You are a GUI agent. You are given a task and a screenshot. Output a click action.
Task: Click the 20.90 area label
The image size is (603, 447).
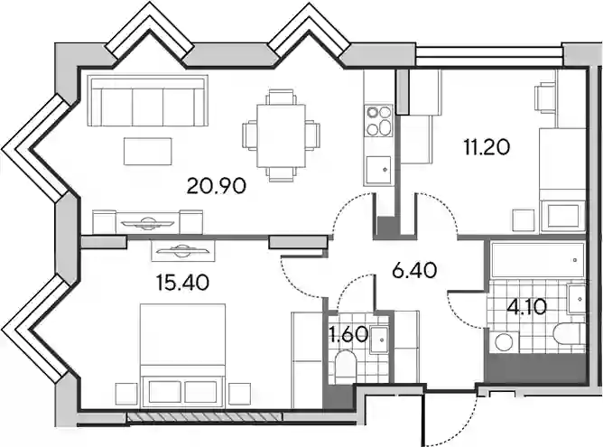pos(216,186)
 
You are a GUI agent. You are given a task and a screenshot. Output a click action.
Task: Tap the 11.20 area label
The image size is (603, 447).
pos(487,147)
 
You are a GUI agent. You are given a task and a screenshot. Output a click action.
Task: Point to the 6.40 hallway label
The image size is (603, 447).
pos(414,270)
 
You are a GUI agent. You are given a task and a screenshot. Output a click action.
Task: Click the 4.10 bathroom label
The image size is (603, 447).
pos(526,307)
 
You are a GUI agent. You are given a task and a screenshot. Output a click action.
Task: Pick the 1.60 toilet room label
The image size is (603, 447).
pos(348,335)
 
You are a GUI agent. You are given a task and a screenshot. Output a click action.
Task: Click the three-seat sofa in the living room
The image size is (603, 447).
pos(148,101)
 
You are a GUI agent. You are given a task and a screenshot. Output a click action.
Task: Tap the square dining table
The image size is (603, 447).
pos(281,135)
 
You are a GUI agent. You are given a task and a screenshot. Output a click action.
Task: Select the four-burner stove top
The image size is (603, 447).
pos(379,120)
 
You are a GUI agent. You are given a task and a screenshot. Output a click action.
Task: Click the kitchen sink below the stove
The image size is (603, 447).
pos(379,170)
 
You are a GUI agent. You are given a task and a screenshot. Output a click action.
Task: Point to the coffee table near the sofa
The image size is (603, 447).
pos(148,151)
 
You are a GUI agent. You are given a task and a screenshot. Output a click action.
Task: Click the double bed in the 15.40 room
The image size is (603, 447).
pos(183,355)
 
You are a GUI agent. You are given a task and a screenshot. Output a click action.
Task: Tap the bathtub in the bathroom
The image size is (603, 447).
pos(538,260)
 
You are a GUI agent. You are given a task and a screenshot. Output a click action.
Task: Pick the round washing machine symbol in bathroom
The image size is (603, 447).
pos(505,341)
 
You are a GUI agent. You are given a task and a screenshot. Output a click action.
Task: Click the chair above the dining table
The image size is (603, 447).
pos(282,97)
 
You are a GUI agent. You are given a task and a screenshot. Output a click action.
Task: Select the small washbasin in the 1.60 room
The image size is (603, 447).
pos(379,340)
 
